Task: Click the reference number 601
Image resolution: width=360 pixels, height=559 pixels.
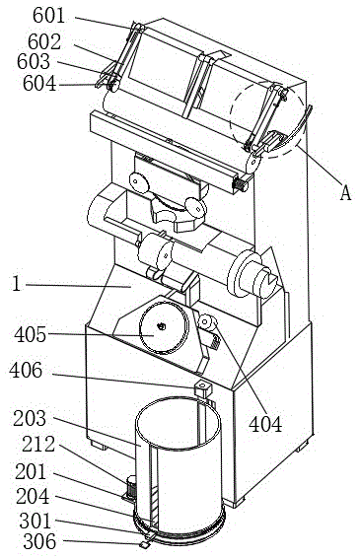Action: tap(49, 16)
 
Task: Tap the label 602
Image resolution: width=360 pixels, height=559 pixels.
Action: tap(44, 42)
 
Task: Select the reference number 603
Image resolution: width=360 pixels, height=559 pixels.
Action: tap(34, 62)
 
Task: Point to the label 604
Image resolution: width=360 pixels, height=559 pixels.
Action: tap(39, 84)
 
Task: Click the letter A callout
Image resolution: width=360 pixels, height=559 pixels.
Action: tap(345, 193)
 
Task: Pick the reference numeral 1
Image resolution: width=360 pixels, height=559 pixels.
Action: tap(17, 284)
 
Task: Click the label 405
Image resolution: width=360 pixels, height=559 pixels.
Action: tap(31, 335)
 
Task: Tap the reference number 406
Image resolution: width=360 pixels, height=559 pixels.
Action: tap(26, 370)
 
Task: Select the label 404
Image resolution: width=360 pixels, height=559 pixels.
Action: tap(265, 424)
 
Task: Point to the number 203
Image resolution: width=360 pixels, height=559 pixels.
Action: tap(30, 419)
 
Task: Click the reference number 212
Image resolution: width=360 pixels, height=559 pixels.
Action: tap(38, 445)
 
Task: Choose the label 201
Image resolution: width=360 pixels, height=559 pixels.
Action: tap(31, 472)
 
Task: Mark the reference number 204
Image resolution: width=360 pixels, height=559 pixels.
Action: tap(33, 496)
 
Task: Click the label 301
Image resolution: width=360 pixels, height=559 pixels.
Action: tap(36, 521)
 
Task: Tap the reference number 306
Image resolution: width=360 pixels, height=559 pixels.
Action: tap(39, 542)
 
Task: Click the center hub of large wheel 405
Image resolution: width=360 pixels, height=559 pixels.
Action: tap(162, 326)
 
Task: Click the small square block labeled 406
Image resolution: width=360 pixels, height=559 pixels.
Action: tap(202, 388)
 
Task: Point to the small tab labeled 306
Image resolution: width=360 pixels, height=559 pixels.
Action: tap(143, 544)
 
